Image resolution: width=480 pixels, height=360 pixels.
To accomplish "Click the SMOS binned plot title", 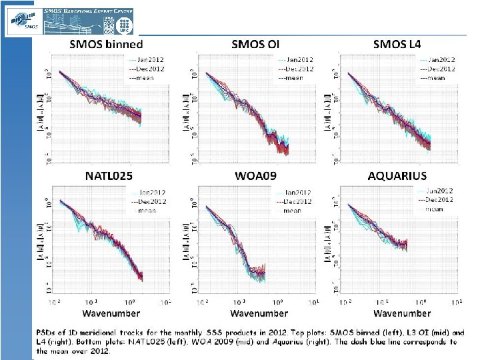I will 107,45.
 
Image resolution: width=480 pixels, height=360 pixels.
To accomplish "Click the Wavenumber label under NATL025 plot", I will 110,313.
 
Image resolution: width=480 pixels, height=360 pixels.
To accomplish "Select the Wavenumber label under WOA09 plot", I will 259,313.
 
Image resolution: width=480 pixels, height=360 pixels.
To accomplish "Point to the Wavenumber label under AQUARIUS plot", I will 402,313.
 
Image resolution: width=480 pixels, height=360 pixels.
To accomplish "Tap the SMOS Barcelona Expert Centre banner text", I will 88,11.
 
